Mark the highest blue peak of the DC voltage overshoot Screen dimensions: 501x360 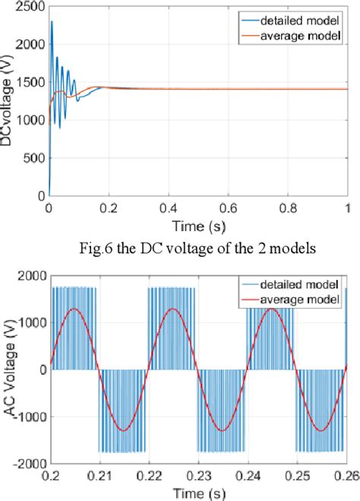(52, 21)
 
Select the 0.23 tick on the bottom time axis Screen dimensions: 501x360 (198, 473)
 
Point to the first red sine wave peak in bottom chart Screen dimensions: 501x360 (74, 309)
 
